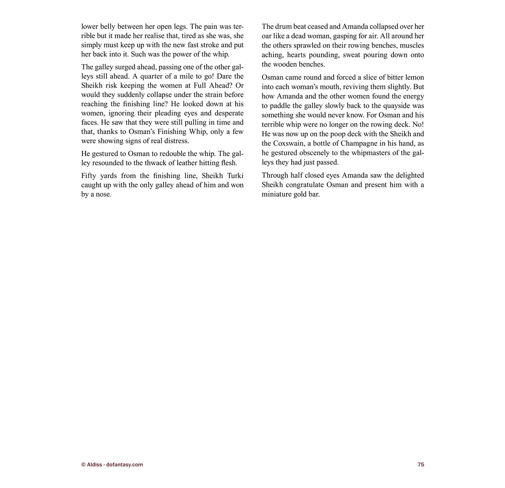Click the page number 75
420,464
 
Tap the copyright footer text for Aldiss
112,464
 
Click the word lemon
415,77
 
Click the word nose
103,194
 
